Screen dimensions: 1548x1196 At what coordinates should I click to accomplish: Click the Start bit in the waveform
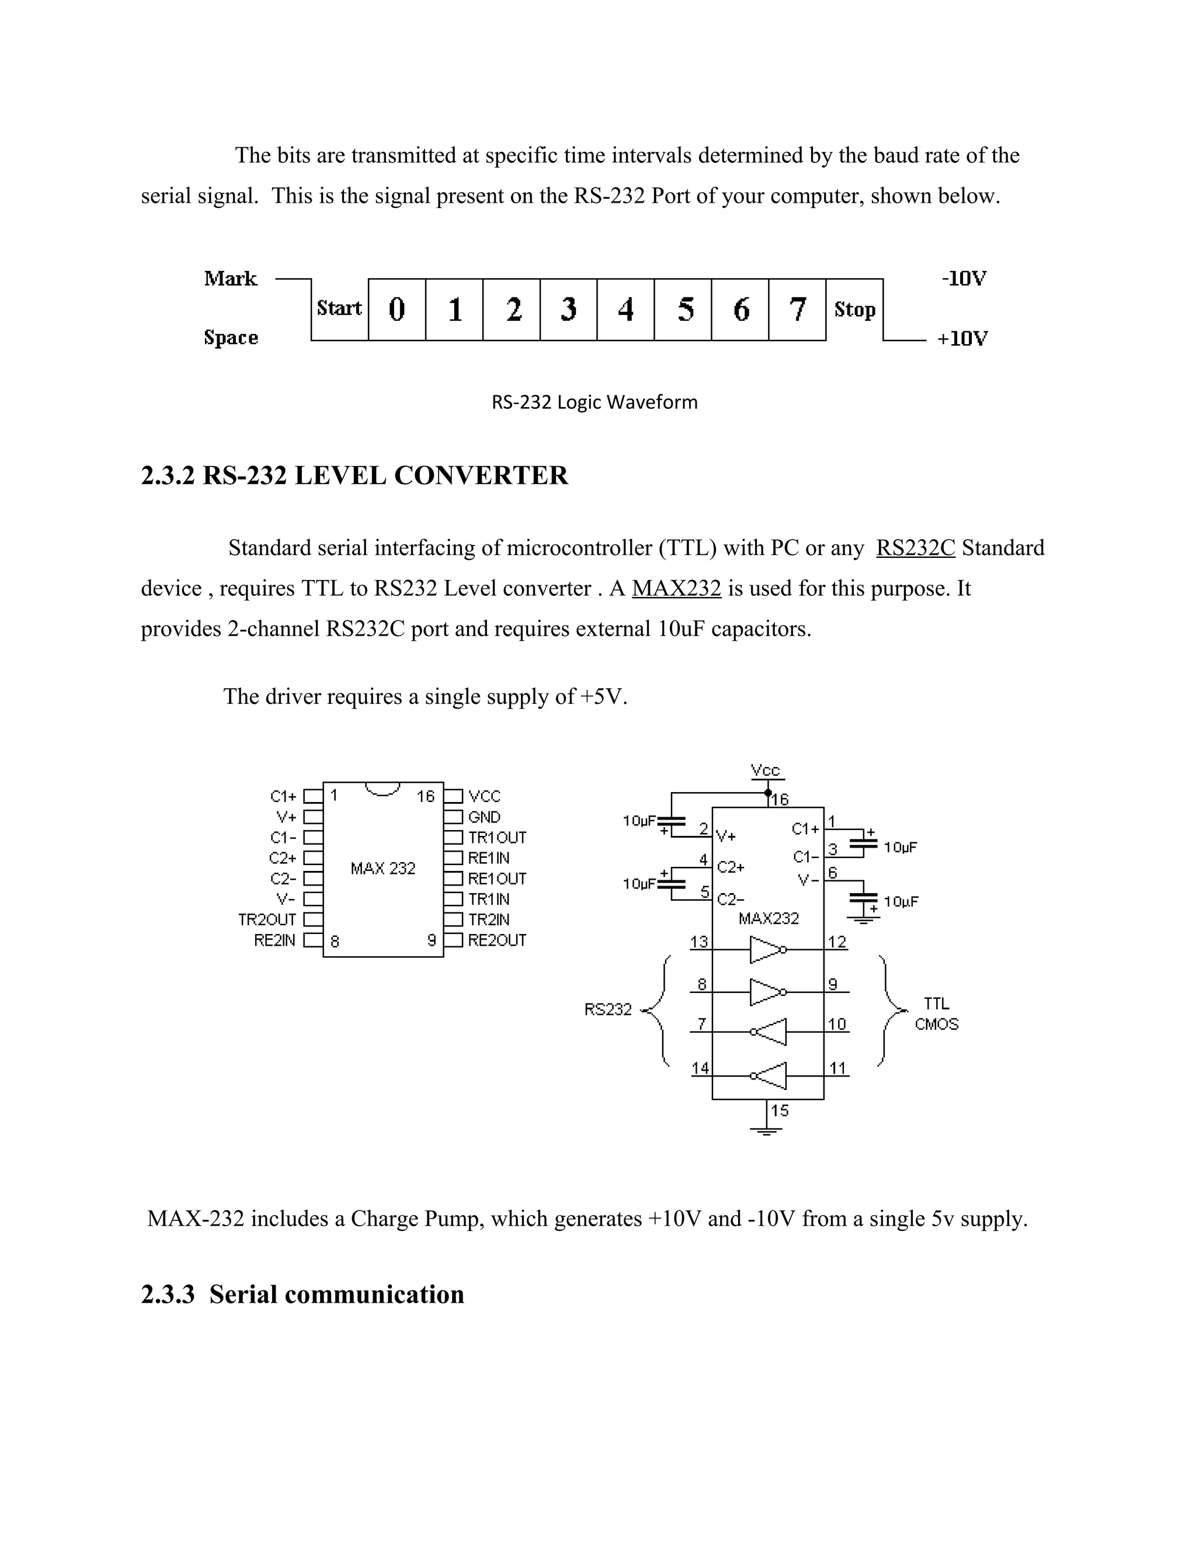tap(339, 308)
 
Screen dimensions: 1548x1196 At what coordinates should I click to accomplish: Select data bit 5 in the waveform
tap(684, 310)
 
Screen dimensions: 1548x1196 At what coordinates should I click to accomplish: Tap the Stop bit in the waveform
tap(854, 310)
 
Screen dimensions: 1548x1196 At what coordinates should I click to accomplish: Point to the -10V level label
tap(964, 279)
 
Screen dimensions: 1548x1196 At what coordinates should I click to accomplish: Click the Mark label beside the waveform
tap(230, 279)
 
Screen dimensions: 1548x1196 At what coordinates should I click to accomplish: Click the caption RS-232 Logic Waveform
tap(594, 402)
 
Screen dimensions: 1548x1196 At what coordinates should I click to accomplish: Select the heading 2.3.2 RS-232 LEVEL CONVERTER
tap(354, 475)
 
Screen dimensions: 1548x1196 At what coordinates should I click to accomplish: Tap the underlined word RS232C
tap(916, 548)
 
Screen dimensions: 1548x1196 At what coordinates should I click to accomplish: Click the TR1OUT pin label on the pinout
tap(498, 838)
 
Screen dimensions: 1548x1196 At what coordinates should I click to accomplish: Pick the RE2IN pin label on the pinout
tap(275, 940)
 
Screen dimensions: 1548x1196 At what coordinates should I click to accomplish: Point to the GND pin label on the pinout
tap(484, 817)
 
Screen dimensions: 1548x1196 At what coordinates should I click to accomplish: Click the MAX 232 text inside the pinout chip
tap(383, 868)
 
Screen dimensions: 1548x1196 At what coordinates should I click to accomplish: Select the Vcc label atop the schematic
tap(765, 770)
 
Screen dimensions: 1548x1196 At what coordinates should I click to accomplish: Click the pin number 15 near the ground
tap(780, 1110)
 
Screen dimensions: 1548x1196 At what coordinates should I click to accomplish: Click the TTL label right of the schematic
tap(936, 1004)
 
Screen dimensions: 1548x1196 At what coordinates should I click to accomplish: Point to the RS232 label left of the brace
tap(608, 1009)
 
